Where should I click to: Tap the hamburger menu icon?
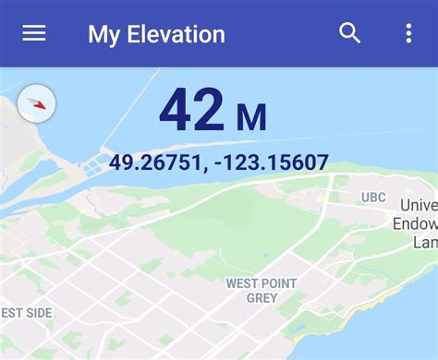click(x=34, y=33)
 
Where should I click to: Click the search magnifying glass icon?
click(x=349, y=33)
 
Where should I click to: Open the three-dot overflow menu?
click(x=408, y=33)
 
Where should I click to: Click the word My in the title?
click(x=104, y=35)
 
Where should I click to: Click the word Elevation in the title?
click(x=176, y=35)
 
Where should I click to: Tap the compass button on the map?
click(x=37, y=104)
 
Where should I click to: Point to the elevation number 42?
click(x=191, y=112)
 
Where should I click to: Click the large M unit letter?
click(x=251, y=117)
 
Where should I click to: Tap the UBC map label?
click(x=373, y=198)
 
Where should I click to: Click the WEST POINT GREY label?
click(x=262, y=290)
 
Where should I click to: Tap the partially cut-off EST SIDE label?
click(x=26, y=313)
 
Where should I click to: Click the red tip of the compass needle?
click(x=41, y=106)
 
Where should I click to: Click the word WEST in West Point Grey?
click(x=243, y=283)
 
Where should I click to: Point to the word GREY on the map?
click(x=262, y=298)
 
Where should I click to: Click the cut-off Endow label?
click(x=415, y=222)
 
